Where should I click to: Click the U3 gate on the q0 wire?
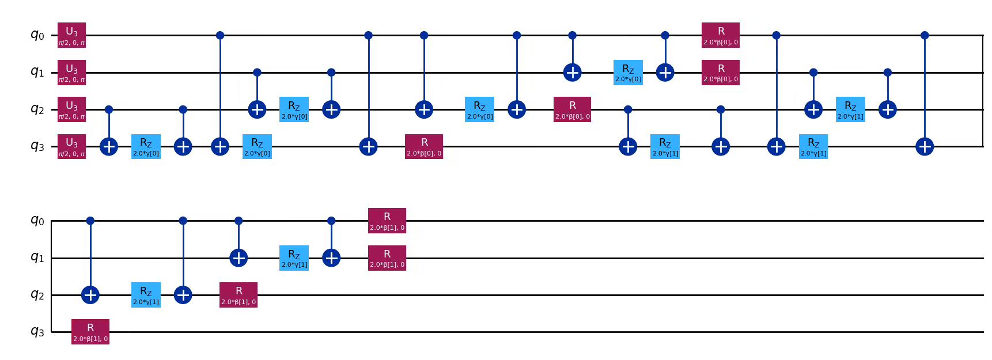tap(71, 35)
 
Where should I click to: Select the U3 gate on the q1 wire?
tap(71, 73)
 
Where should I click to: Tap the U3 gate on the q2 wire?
tap(71, 109)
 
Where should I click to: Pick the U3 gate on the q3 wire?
tap(71, 146)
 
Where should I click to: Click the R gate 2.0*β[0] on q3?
tap(424, 146)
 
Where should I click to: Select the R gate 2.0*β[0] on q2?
tap(572, 109)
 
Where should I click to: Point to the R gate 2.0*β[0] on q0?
tap(720, 35)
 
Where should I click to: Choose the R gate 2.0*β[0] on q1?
tap(720, 73)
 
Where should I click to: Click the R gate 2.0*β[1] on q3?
tap(90, 332)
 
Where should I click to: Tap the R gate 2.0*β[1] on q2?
tap(238, 295)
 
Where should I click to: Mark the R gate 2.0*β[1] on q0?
tap(387, 221)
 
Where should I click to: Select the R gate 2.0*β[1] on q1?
tap(387, 258)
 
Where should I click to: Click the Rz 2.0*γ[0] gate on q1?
tap(628, 73)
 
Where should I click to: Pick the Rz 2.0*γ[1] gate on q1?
tap(294, 258)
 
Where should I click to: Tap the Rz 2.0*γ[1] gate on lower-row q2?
tap(146, 295)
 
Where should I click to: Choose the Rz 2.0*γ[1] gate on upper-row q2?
tap(850, 109)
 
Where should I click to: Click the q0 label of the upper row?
tap(37, 35)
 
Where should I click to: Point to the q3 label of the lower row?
tap(37, 332)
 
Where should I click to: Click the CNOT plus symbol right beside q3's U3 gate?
tap(109, 146)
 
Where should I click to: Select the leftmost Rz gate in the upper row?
tap(146, 146)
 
